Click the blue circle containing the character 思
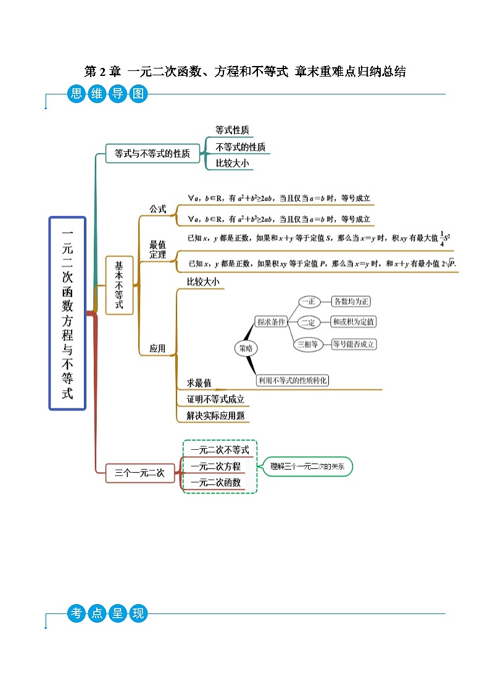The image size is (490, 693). [77, 94]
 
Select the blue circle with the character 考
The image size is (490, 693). [77, 613]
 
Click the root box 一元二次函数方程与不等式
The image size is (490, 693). [67, 313]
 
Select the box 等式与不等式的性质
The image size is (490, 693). [152, 154]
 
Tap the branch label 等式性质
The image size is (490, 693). [232, 131]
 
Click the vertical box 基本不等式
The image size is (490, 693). [119, 285]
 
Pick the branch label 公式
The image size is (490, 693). [158, 209]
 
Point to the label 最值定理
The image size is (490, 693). [158, 250]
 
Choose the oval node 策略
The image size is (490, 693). [246, 349]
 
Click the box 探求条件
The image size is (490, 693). [272, 322]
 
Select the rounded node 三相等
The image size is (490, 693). [308, 344]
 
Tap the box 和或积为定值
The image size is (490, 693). [353, 322]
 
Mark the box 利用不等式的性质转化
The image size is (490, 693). [293, 381]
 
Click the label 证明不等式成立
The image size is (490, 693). [216, 399]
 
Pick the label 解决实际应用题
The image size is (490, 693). [216, 416]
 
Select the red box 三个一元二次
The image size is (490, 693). [139, 473]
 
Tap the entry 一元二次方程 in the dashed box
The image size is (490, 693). [216, 467]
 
